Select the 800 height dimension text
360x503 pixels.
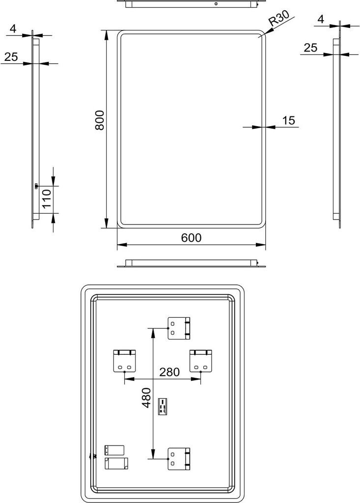click(x=100, y=120)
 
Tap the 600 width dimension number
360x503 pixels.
click(x=191, y=238)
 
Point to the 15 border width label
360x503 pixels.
click(x=288, y=120)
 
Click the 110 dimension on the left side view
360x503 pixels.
click(x=47, y=199)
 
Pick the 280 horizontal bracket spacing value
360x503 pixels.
click(x=169, y=372)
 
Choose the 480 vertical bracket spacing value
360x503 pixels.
click(x=146, y=397)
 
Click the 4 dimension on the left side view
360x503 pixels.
click(x=13, y=29)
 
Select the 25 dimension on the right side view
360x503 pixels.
click(x=310, y=48)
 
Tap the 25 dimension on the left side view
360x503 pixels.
click(x=11, y=57)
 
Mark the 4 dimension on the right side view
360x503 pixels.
click(x=321, y=19)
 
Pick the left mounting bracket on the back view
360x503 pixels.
click(x=124, y=361)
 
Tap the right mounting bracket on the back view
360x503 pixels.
click(x=201, y=361)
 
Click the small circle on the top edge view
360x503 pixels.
click(x=216, y=4)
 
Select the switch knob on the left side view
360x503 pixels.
click(x=36, y=185)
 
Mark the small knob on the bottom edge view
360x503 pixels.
click(x=257, y=263)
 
